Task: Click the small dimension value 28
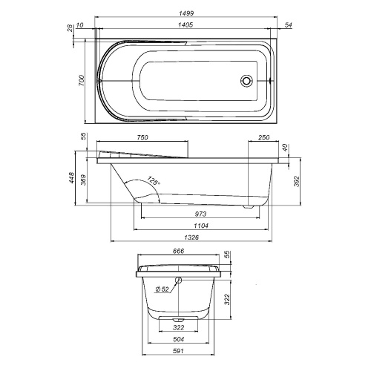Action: tap(70, 27)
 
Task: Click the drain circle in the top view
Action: tap(246, 82)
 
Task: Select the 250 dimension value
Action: tap(263, 138)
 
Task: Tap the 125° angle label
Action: tap(152, 180)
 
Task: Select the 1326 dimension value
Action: tap(193, 238)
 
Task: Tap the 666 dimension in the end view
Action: tap(178, 252)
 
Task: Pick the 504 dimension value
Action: tap(179, 339)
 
